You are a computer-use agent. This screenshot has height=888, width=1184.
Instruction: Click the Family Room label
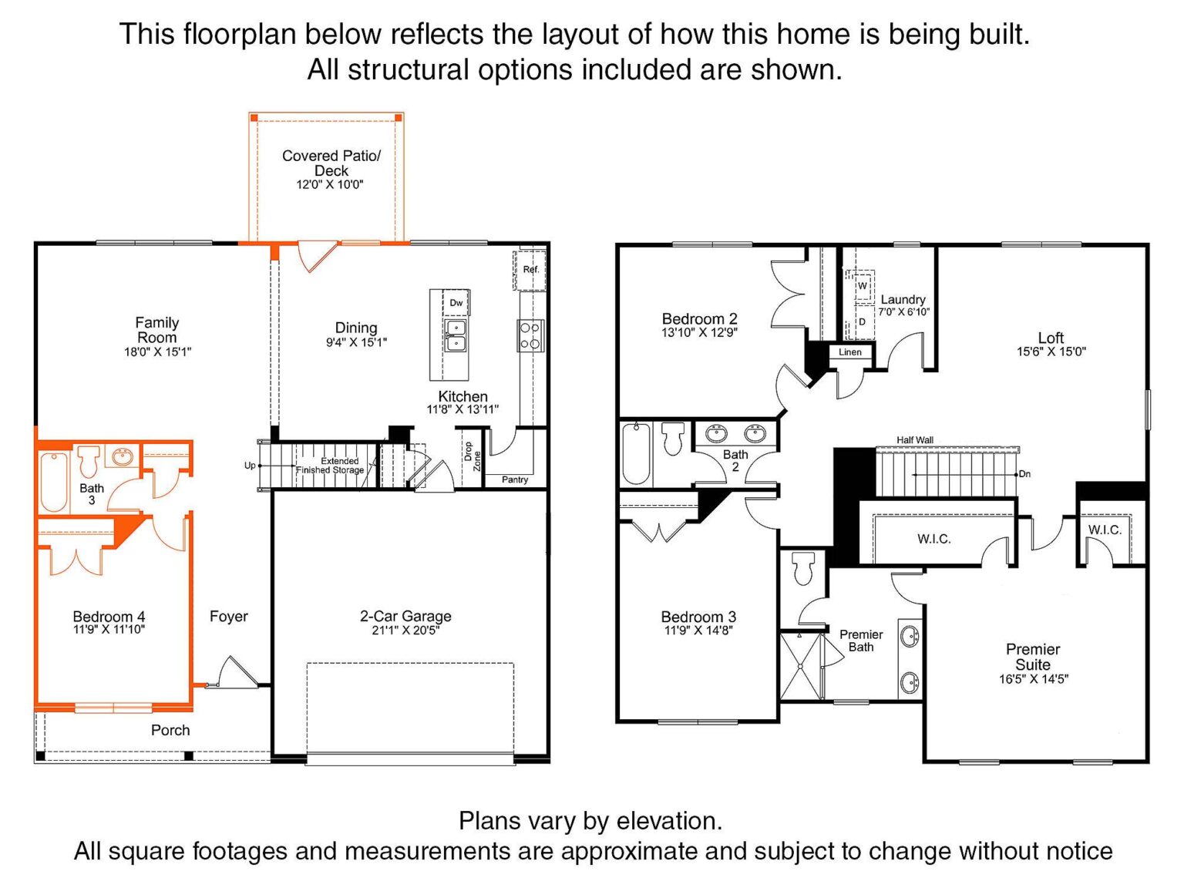pos(157,330)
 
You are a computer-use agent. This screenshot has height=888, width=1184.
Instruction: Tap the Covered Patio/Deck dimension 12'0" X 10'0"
pos(330,184)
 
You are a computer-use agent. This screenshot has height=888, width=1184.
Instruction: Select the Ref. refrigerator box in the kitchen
pos(529,270)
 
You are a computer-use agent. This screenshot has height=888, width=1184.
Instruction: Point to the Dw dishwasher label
pos(456,303)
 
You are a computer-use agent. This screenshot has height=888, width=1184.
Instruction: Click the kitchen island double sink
pos(456,335)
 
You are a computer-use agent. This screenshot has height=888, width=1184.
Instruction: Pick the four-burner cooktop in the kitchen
pos(530,336)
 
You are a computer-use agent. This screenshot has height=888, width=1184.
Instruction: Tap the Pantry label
pos(515,479)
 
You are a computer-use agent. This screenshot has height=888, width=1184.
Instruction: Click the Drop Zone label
pos(473,456)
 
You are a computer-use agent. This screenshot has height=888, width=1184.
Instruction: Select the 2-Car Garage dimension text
pos(405,631)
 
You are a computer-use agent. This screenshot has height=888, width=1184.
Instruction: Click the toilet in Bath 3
pos(89,461)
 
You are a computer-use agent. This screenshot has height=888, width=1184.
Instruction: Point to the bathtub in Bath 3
pos(54,482)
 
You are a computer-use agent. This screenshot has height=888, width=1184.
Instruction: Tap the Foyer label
pos(229,616)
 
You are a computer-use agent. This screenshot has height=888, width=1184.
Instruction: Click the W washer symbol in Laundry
pos(863,286)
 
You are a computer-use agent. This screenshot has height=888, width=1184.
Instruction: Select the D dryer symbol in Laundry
pos(862,322)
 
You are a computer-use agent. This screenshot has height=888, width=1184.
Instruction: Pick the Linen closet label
pos(850,352)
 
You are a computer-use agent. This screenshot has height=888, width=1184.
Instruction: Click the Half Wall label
pos(915,440)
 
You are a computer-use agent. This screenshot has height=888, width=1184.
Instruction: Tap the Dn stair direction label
pos(1024,474)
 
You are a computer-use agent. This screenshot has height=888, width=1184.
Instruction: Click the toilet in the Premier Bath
pos(803,568)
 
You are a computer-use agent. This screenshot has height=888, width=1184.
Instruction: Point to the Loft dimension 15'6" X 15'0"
pos(1051,351)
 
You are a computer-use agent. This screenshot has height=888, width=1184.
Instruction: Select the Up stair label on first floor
pos(250,466)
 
